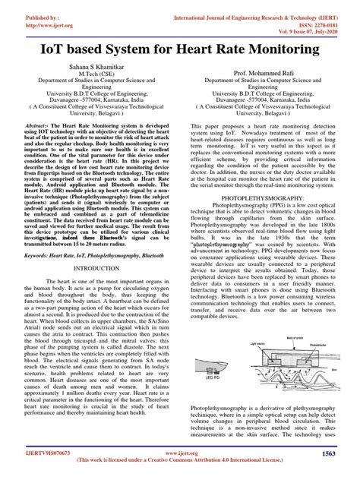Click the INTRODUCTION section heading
click(90, 268)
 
